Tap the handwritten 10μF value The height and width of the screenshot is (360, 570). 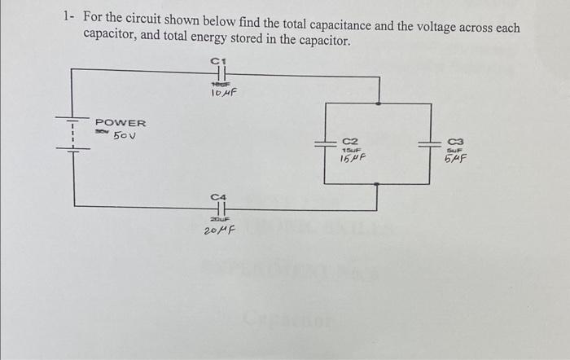[x=223, y=93]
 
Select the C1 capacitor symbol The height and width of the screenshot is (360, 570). [x=217, y=72]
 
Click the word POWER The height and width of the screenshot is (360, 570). [x=121, y=123]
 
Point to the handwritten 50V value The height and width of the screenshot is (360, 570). [x=125, y=135]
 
